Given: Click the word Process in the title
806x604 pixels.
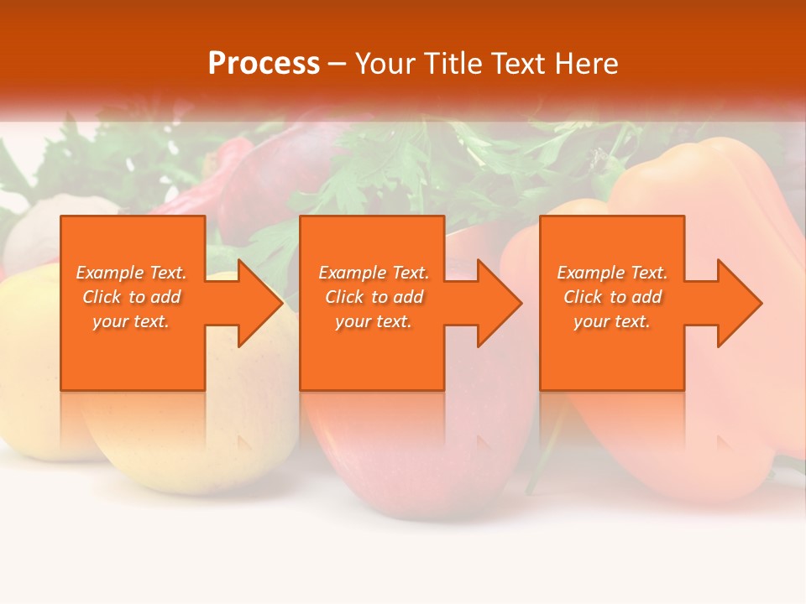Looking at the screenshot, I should click(264, 64).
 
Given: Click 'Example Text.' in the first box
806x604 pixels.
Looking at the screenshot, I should click(131, 273).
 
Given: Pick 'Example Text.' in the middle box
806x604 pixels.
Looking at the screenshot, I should click(373, 273).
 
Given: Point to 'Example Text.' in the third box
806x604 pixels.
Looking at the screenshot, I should click(612, 273).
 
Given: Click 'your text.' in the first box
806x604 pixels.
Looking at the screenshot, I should click(131, 321).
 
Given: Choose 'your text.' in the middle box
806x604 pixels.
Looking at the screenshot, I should click(373, 321).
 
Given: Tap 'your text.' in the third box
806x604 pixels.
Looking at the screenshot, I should click(612, 321).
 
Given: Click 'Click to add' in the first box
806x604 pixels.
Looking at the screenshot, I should click(131, 297).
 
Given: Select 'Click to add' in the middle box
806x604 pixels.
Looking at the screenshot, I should click(373, 297).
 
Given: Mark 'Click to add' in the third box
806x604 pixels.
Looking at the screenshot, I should click(612, 297).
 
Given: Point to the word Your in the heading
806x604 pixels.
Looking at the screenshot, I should click(385, 64).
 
